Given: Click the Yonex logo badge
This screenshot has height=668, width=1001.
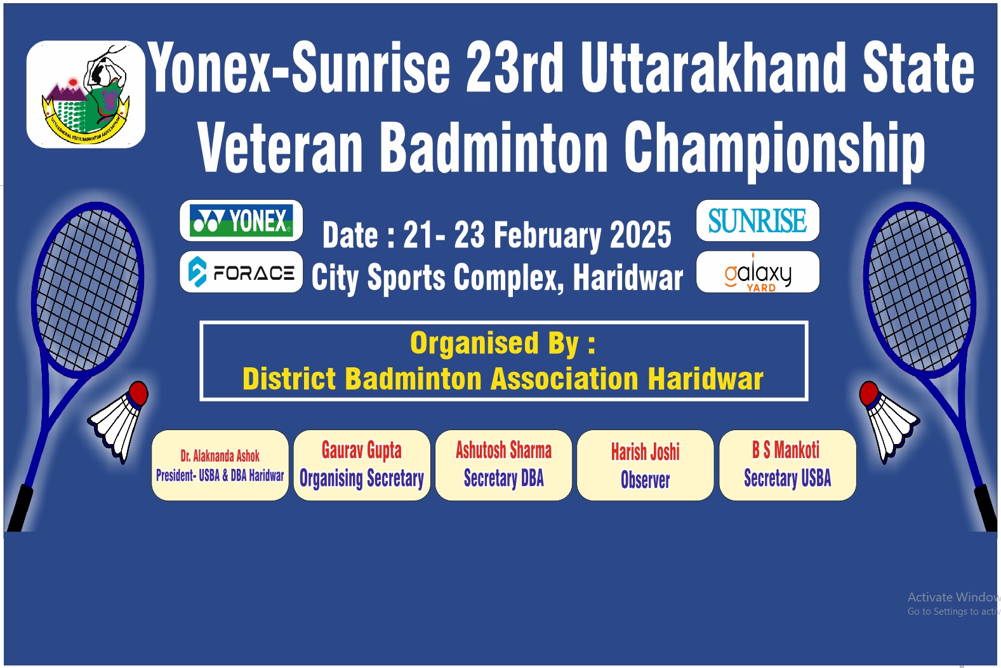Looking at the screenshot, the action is pos(241,221).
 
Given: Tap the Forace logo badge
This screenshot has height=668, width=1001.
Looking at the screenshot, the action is pos(241,272).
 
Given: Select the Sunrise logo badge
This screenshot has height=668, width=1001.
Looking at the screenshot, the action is pos(758,221).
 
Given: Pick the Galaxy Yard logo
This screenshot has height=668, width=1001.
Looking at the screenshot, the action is pos(758,272).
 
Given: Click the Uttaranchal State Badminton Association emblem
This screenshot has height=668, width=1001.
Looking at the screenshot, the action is pos(86,95).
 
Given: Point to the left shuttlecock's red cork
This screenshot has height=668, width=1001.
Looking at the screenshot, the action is pos(138,393).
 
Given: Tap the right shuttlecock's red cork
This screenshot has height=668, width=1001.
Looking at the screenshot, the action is pos(869,393).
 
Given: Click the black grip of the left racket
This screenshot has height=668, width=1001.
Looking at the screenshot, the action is pos(20,508).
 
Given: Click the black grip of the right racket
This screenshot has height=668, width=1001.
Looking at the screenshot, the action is pos(985,508).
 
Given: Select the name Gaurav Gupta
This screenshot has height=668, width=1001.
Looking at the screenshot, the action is pos(362,450).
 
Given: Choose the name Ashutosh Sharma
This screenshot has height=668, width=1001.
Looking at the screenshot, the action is pos(503,450).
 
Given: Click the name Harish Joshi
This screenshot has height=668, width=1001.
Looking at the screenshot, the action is pos(646,452).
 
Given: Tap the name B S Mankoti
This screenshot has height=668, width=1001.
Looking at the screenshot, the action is pos(786,450).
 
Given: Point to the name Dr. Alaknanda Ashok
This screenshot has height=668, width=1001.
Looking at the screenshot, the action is pos(220,456).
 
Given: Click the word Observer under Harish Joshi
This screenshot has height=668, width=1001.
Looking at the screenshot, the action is pos(646,480).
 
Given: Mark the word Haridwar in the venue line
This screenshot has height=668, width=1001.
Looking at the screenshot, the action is pos(628,278).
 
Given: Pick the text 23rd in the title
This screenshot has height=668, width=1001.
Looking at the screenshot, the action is pos(514,67).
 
